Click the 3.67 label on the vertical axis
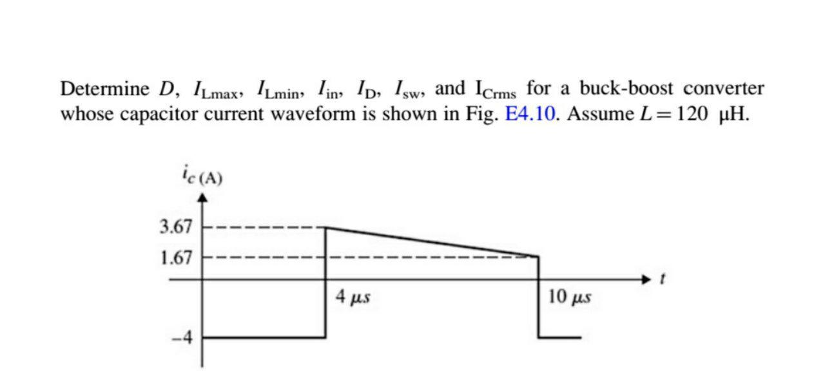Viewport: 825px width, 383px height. point(175,227)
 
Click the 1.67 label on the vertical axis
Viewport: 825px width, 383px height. point(175,258)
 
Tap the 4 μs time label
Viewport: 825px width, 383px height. point(352,297)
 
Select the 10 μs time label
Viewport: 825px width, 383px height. point(570,297)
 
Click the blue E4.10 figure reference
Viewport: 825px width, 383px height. point(530,115)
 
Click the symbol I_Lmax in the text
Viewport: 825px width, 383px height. point(218,90)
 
